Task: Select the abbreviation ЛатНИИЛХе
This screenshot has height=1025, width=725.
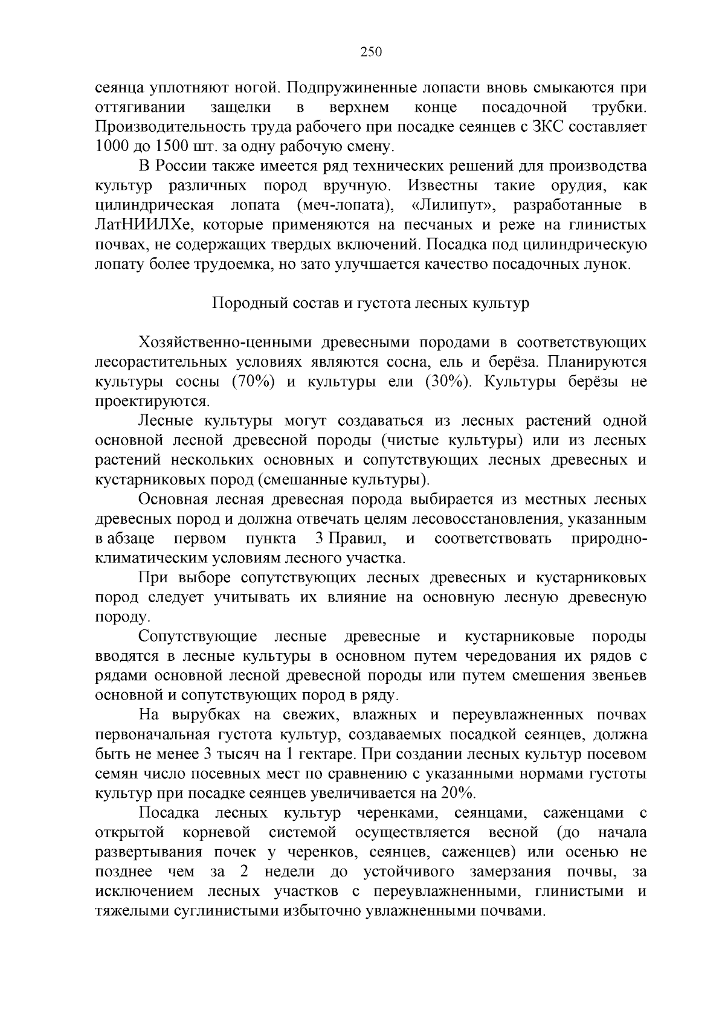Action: (143, 225)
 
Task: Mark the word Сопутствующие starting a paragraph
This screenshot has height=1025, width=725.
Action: (198, 637)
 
